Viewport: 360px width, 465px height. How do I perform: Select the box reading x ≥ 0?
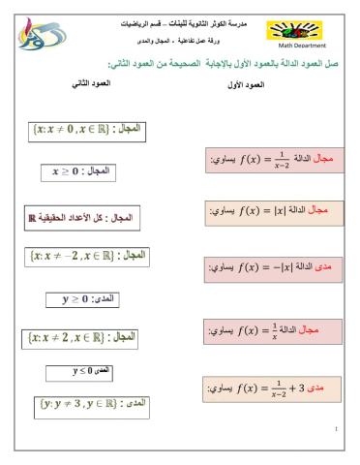[x=80, y=170]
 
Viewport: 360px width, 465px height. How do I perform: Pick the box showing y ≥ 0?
[x=81, y=300]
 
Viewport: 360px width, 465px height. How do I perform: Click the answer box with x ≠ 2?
[x=81, y=338]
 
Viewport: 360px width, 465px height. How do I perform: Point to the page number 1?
[x=335, y=427]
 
